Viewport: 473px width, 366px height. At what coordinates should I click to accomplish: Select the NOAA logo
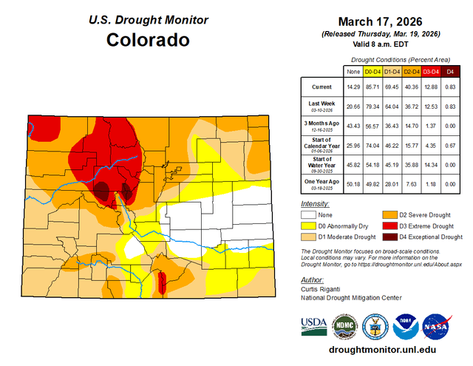[406, 326]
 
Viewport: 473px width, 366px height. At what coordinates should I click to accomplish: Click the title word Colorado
[149, 39]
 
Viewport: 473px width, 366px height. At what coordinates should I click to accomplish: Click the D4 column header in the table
[450, 71]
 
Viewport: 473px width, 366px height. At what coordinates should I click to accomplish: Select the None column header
[353, 71]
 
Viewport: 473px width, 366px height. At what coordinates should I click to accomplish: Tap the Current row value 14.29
[353, 87]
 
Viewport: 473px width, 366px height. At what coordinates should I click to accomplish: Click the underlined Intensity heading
[315, 203]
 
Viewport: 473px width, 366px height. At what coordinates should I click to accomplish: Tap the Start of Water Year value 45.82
[353, 163]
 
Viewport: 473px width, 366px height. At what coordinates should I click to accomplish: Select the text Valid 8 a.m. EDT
[380, 44]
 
